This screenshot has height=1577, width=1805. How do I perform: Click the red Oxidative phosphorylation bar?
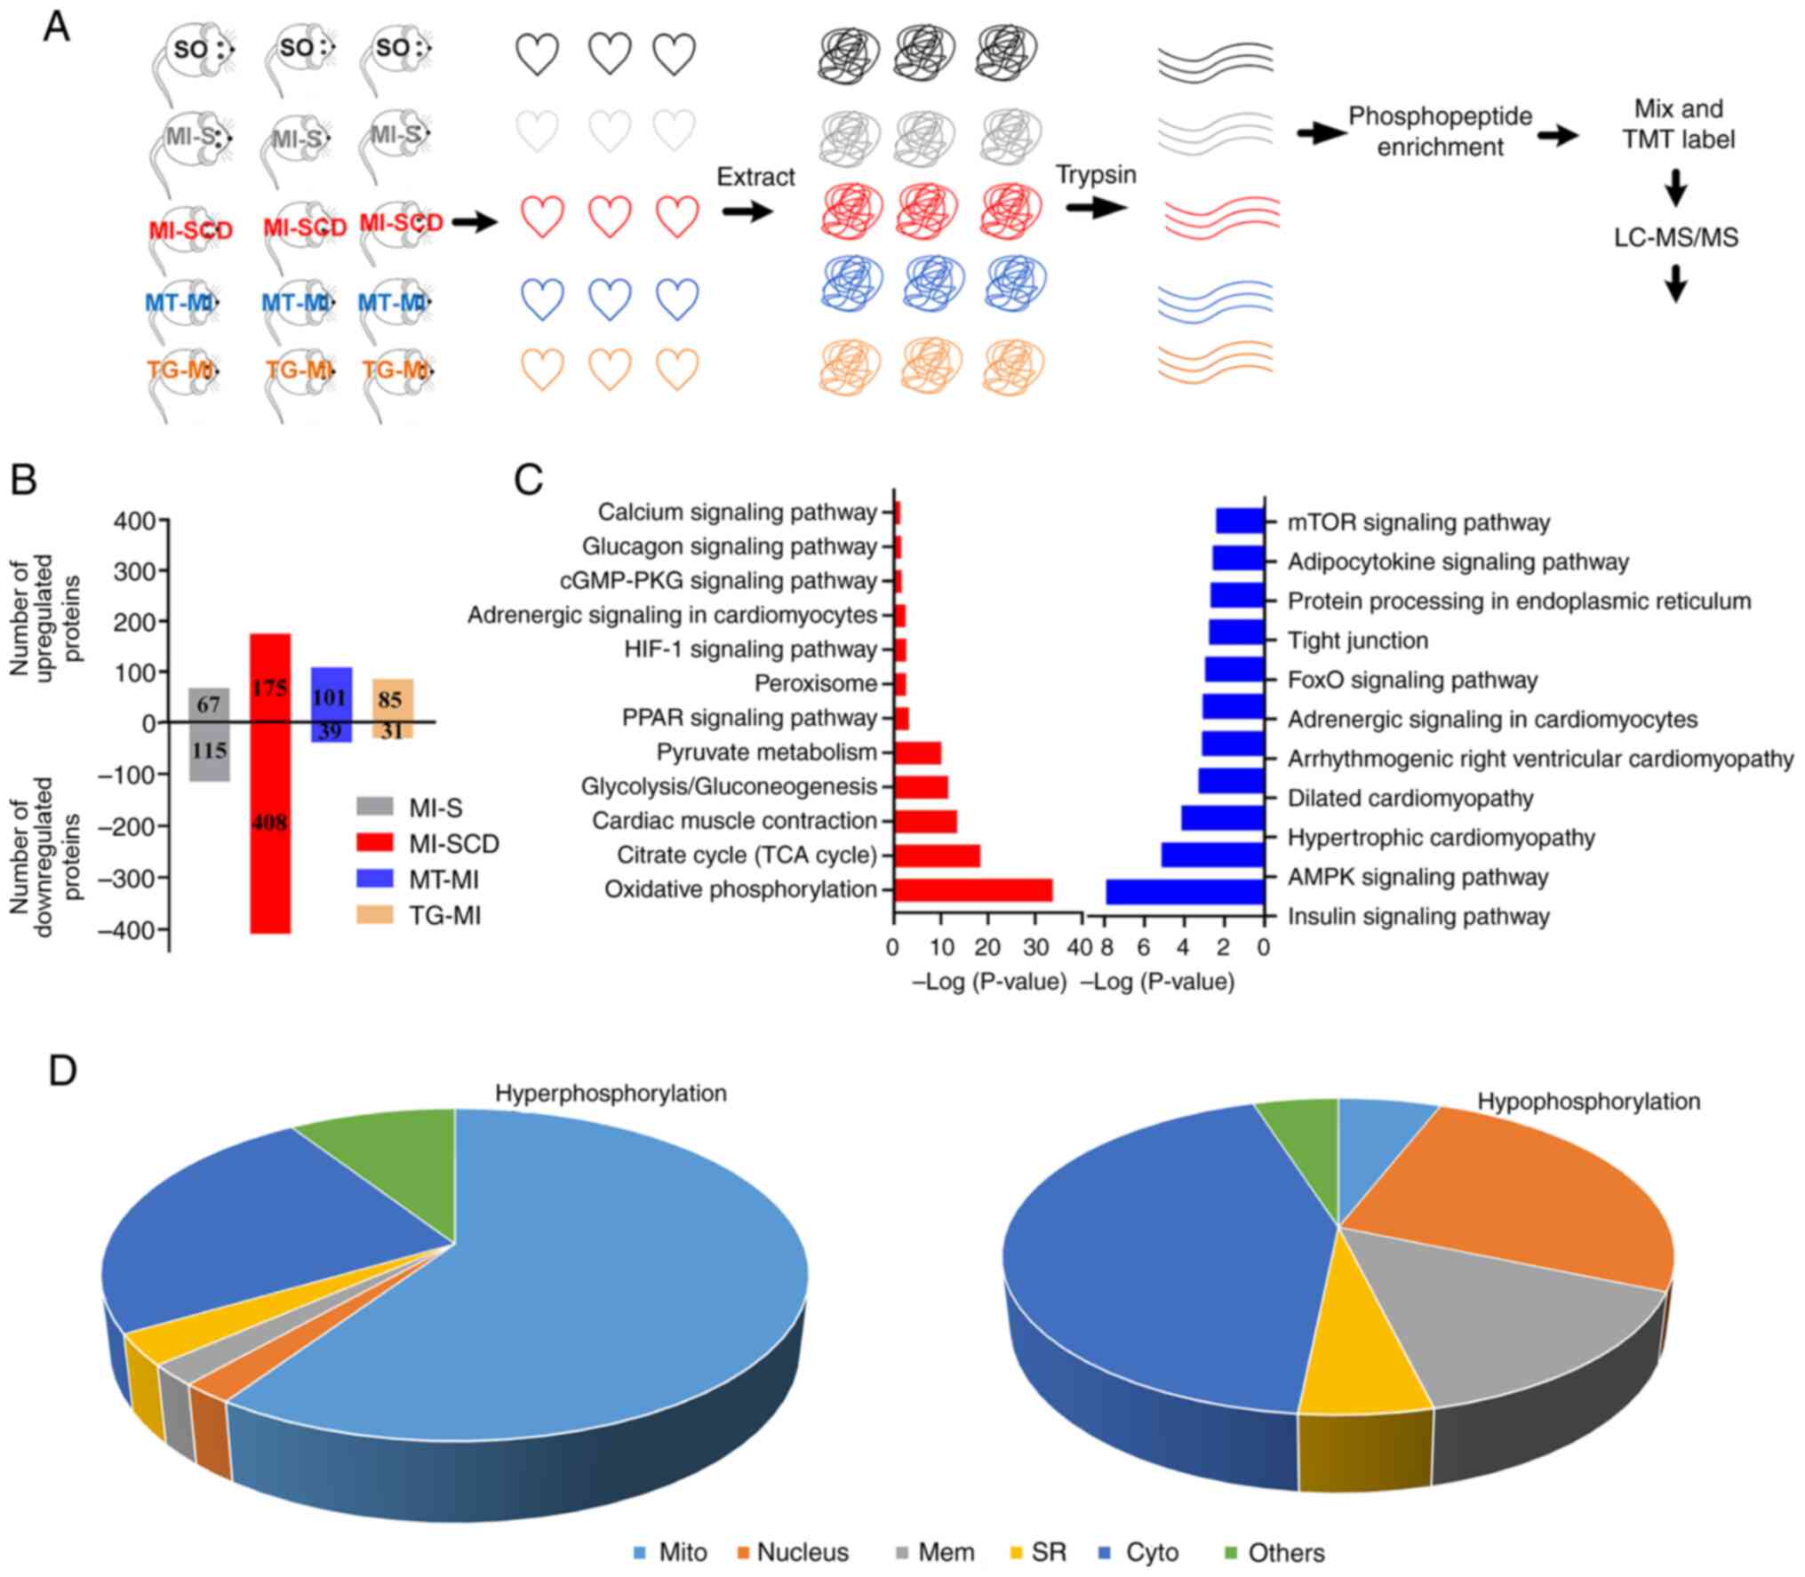[973, 889]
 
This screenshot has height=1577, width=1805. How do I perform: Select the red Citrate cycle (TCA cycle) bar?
[937, 856]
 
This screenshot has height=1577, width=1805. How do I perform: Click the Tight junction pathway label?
[1358, 641]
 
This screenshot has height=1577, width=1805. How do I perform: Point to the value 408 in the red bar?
[269, 823]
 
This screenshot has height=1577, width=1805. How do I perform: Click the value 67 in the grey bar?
[209, 705]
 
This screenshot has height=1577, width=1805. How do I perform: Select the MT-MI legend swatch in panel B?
[375, 879]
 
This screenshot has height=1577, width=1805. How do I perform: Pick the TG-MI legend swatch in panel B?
[375, 914]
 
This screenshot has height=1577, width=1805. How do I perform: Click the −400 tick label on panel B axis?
[132, 929]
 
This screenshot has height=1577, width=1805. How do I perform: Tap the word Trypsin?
[1096, 174]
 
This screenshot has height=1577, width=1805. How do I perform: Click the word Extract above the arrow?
[755, 177]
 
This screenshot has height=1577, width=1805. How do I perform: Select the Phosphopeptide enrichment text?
[1440, 131]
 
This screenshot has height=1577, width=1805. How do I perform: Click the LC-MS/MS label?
[1675, 237]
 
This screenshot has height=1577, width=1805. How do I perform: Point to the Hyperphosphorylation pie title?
[611, 1093]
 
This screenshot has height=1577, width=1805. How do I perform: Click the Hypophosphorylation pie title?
[1588, 1101]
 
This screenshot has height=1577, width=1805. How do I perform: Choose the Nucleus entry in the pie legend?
[802, 1552]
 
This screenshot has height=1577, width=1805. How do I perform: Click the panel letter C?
[530, 480]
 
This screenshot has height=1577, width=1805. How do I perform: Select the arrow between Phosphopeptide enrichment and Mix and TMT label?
[1558, 136]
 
